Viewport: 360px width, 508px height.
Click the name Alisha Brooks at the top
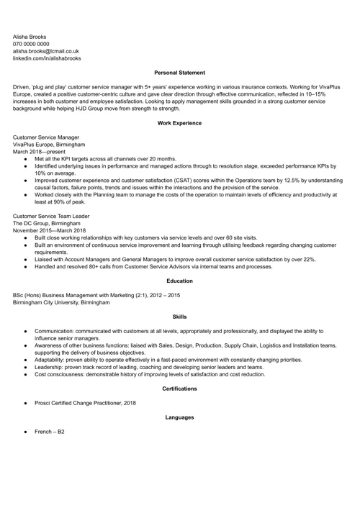coord(30,35)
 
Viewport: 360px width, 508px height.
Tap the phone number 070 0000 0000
coord(32,43)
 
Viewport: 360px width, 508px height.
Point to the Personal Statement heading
coord(179,73)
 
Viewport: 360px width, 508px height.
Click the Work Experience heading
coord(179,123)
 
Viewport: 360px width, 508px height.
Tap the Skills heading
coord(179,317)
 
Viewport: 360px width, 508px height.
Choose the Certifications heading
coord(179,389)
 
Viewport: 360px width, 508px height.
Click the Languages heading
coord(179,417)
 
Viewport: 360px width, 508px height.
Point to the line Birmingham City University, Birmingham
coord(62,302)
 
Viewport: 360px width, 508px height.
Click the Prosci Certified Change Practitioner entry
coord(85,403)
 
